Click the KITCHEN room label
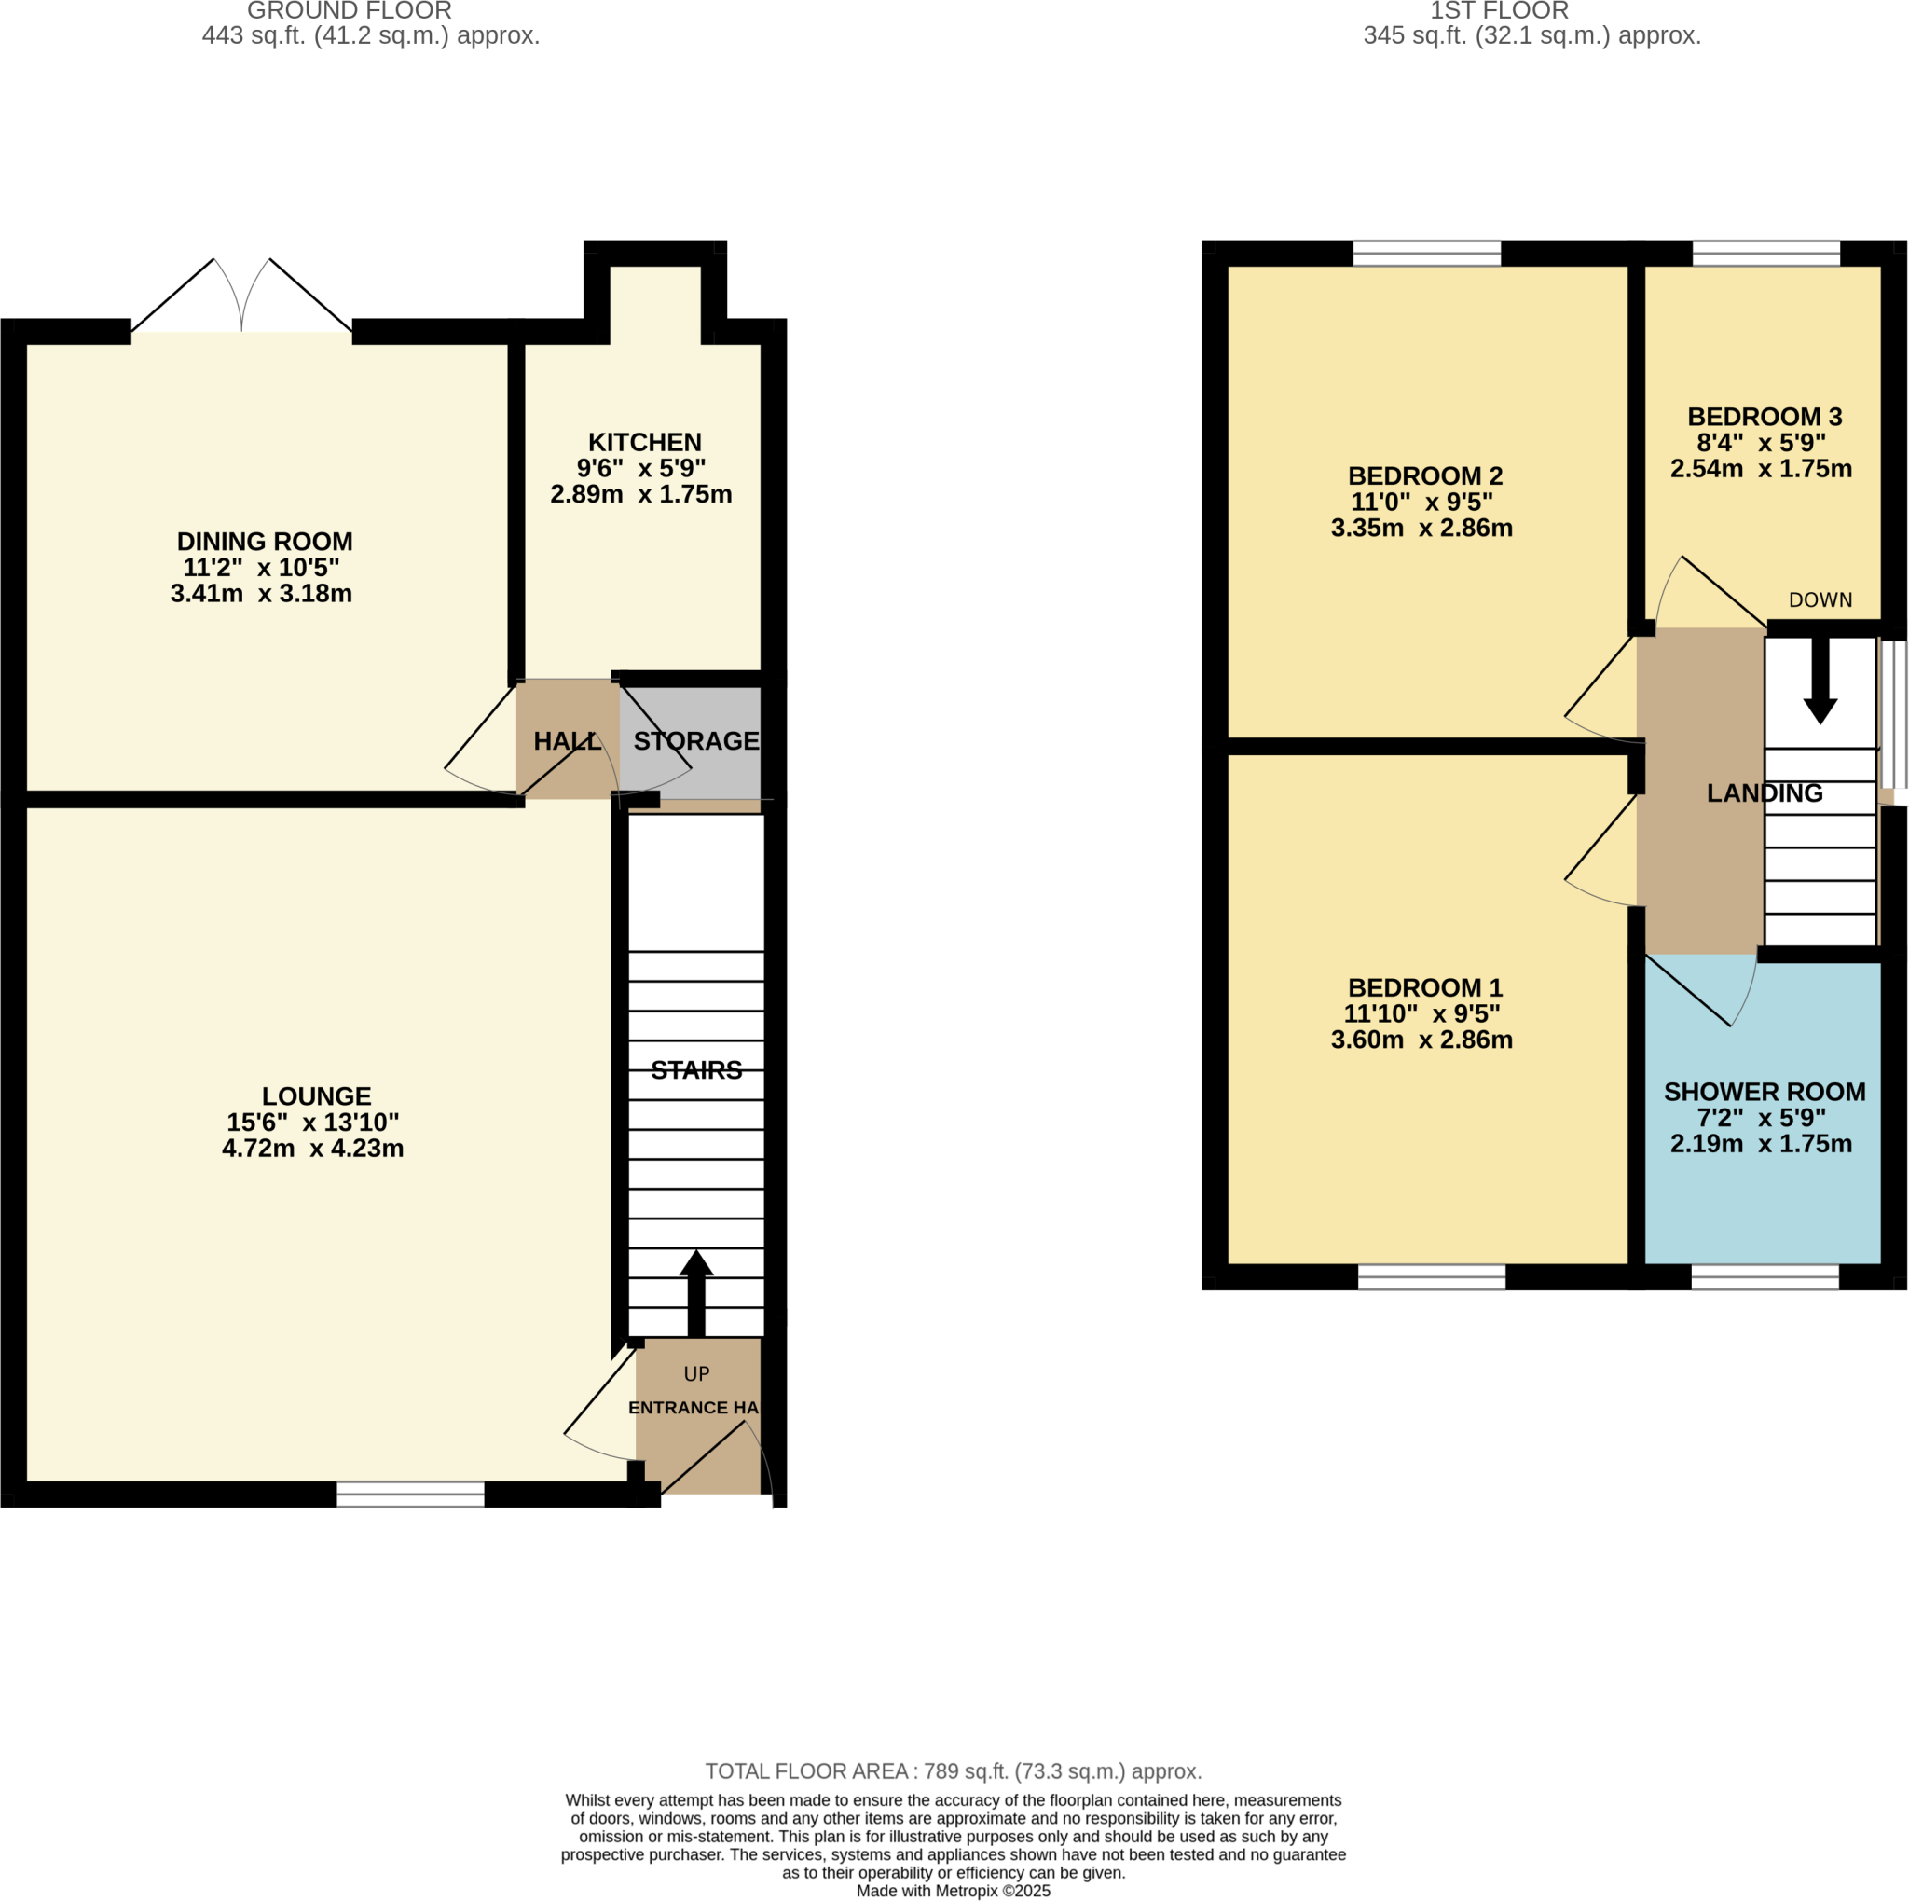(644, 443)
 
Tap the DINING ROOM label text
(264, 542)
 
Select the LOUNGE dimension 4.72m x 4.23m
(312, 1148)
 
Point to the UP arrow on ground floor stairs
(695, 1290)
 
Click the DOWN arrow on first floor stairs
(1820, 681)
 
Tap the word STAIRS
(695, 1070)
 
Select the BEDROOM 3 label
(1764, 417)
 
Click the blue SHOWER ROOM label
(1764, 1092)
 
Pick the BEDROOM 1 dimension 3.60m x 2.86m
(1421, 1040)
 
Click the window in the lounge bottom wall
(410, 1494)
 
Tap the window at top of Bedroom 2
(1426, 254)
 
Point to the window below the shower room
(1764, 1277)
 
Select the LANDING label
(1764, 793)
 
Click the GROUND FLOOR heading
(349, 11)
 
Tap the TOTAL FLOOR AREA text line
(953, 1771)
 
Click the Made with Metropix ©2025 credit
(953, 1891)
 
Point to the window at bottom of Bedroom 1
(1431, 1277)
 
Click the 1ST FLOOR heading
(1498, 11)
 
